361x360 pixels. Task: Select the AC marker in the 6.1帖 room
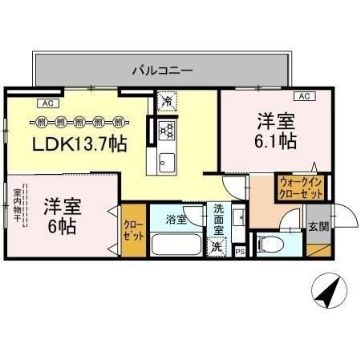click(x=304, y=96)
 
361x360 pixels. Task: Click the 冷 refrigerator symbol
click(x=167, y=103)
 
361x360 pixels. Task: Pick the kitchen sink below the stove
click(x=166, y=160)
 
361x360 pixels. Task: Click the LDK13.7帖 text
click(x=79, y=144)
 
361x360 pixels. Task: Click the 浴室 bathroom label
click(x=176, y=219)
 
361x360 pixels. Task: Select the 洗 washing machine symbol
click(x=217, y=248)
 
